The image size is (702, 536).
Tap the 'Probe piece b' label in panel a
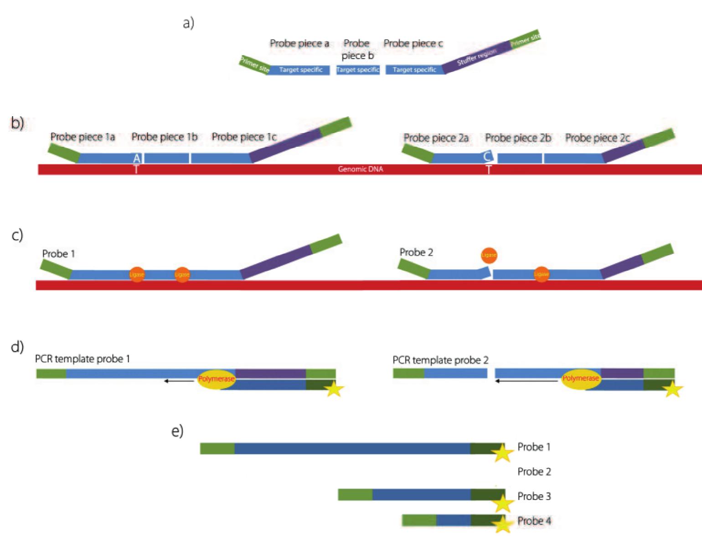357,49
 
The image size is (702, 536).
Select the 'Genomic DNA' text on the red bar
360,169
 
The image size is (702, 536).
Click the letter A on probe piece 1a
136,159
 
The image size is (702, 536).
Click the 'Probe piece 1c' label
244,137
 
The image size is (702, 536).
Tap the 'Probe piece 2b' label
518,138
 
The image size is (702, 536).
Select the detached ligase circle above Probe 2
489,255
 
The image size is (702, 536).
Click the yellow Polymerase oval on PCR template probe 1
217,379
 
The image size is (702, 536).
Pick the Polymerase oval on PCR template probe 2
580,379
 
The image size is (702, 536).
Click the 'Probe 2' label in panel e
534,472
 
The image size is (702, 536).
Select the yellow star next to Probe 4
502,524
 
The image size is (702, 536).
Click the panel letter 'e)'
177,431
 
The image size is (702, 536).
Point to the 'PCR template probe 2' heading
440,360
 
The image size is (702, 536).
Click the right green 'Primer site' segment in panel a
525,40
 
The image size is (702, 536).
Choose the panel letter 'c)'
17,235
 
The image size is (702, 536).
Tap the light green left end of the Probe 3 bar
355,495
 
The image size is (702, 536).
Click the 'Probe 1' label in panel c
58,253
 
